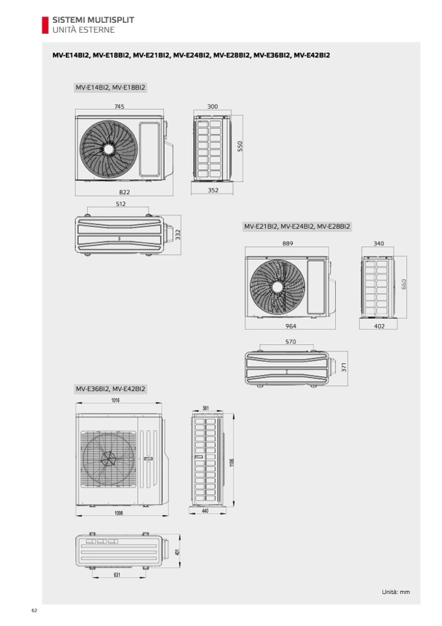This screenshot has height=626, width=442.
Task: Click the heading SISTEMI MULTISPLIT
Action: [93, 20]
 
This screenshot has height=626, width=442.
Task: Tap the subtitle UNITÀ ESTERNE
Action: [83, 30]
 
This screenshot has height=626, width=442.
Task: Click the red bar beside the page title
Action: [45, 25]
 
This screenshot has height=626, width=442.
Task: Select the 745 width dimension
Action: [119, 106]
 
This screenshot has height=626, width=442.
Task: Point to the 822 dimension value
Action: [125, 192]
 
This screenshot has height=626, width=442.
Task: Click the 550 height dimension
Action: [240, 146]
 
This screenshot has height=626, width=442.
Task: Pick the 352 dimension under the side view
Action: [213, 191]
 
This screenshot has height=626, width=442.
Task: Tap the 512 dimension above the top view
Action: [121, 204]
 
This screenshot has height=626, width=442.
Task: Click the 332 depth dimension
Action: [178, 235]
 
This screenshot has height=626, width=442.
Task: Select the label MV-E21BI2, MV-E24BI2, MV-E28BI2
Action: [297, 227]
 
